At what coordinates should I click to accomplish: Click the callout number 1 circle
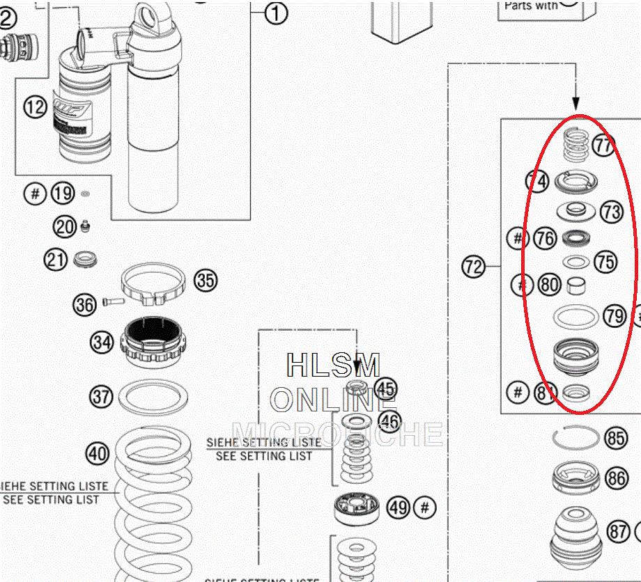click(276, 13)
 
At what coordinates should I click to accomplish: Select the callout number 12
click(35, 107)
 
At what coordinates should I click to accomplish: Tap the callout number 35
click(206, 281)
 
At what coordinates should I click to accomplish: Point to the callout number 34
click(102, 342)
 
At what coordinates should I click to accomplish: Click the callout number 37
click(102, 397)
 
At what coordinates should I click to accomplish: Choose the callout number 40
click(98, 454)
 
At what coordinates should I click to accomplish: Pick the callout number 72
click(474, 267)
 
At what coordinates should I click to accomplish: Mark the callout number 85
click(616, 438)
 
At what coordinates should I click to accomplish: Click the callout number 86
click(617, 478)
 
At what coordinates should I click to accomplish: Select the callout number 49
click(399, 508)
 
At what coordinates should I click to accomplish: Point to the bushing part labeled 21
click(87, 260)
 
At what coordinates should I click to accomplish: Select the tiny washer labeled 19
click(85, 193)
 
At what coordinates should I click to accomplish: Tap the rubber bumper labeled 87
click(576, 532)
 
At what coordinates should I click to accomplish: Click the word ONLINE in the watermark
click(332, 400)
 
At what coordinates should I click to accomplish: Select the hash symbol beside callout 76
click(517, 239)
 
